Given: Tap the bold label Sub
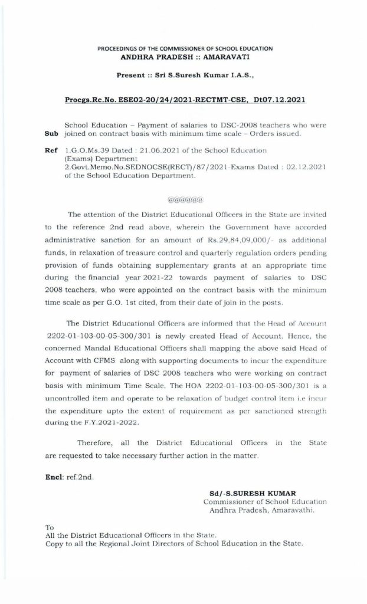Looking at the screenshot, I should pos(51,135).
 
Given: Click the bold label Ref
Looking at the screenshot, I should pos(51,151).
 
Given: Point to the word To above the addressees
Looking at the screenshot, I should pos(50,527).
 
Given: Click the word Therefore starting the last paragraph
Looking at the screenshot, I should pos(96,442).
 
